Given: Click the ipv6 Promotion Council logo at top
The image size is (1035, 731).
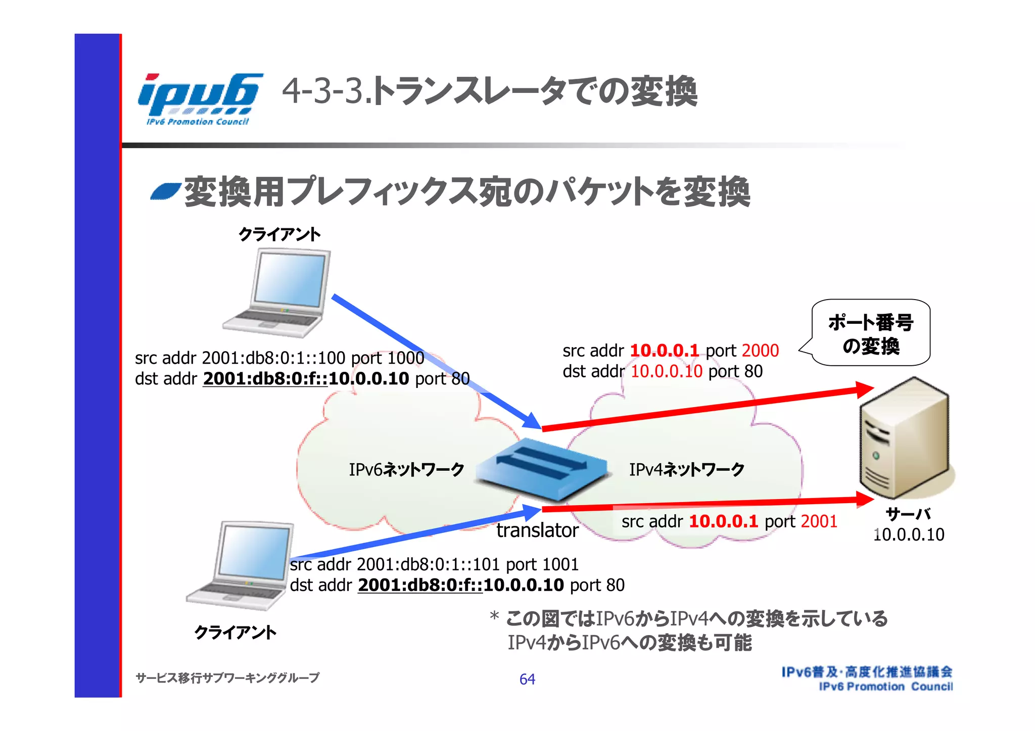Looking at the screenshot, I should coord(200,99).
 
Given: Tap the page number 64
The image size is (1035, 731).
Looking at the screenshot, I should coord(527,679).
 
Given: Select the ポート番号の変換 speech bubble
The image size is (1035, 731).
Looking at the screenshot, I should coord(870,333).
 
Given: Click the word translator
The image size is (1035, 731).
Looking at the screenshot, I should coord(537,530).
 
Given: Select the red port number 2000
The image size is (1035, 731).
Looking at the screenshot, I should coord(761,351).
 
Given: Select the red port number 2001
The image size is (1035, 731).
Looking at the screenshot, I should coord(819,521).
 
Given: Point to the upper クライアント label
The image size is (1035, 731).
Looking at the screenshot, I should coord(279,234).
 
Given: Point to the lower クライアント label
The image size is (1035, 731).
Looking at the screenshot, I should coord(236,632).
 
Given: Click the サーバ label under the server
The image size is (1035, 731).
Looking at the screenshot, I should coord(908,514).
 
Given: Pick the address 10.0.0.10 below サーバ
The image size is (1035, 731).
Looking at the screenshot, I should coord(909,534).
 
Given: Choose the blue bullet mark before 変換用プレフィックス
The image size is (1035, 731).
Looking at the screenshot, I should coord(165,191).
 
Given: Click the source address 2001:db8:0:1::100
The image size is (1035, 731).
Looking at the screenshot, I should coord(273,358).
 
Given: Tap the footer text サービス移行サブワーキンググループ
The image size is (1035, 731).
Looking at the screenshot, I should coord(227,678).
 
